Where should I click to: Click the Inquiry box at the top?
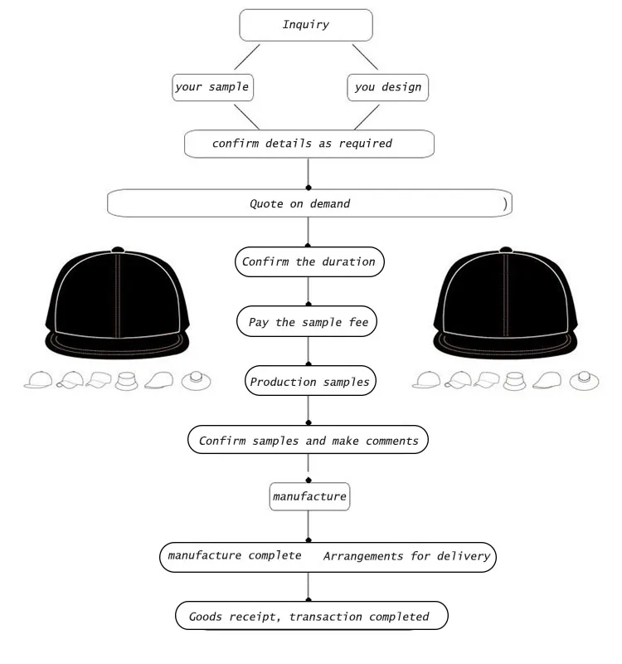click(305, 25)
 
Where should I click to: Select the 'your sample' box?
click(212, 86)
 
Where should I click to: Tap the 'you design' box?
click(387, 86)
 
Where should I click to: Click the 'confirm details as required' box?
click(309, 144)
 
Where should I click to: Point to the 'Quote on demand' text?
click(299, 203)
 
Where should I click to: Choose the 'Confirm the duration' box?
click(309, 262)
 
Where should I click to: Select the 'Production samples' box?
click(309, 382)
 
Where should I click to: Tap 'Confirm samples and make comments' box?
click(309, 441)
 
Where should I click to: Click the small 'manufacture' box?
click(309, 497)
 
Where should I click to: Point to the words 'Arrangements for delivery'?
click(406, 556)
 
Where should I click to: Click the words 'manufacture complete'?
click(234, 556)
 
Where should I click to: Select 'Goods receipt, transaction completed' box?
click(311, 617)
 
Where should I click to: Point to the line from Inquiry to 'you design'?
click(366, 56)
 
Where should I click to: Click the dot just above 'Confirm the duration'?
click(309, 246)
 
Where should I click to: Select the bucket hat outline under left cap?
click(127, 381)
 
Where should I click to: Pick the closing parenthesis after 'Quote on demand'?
click(505, 203)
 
